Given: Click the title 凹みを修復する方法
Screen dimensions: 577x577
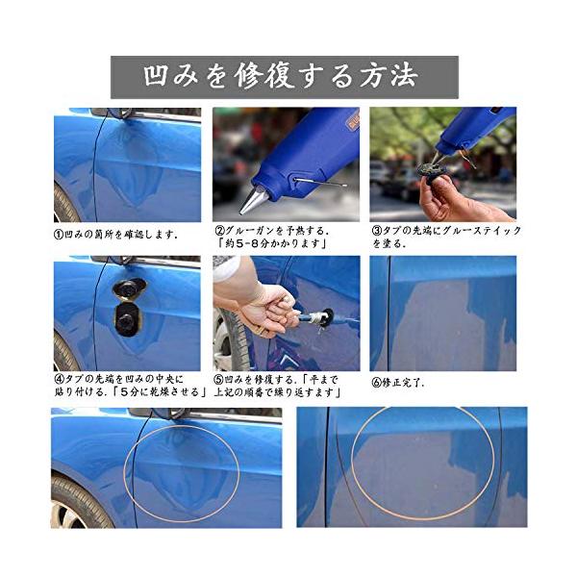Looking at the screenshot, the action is [281, 76].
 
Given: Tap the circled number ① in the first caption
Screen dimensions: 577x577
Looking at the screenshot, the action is [59, 234].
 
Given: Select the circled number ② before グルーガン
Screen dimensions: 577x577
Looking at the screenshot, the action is [219, 231].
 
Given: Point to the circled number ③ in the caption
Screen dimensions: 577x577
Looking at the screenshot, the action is [377, 231].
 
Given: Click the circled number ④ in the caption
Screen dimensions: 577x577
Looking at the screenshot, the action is [60, 379].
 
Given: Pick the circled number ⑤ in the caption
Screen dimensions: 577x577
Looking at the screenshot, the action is [219, 379].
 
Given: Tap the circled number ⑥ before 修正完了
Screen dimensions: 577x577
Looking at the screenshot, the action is [377, 383].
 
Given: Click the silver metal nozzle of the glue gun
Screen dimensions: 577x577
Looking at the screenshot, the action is [254, 199].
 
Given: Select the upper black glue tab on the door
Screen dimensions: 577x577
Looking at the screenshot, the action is [129, 288].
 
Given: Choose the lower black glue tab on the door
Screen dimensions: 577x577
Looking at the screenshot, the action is [127, 319].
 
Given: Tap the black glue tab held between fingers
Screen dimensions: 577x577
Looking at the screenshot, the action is [431, 170].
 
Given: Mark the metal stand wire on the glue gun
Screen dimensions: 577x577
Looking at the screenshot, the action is [321, 182].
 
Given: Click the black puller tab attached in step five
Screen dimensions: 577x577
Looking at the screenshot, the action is [327, 317].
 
